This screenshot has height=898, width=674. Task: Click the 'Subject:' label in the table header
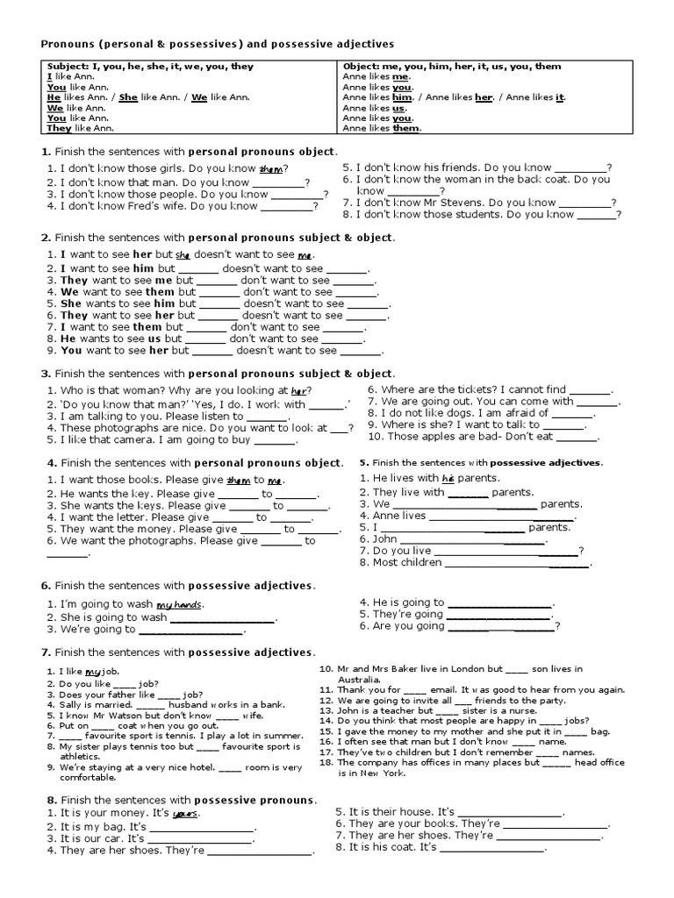[x=69, y=67]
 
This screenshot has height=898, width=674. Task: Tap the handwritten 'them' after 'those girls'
[x=270, y=168]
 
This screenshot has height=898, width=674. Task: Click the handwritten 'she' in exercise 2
[x=183, y=254]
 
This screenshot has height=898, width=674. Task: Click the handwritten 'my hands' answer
[x=180, y=605]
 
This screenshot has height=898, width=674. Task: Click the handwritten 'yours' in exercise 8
[x=184, y=814]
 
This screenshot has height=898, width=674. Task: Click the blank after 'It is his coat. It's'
[x=491, y=849]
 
